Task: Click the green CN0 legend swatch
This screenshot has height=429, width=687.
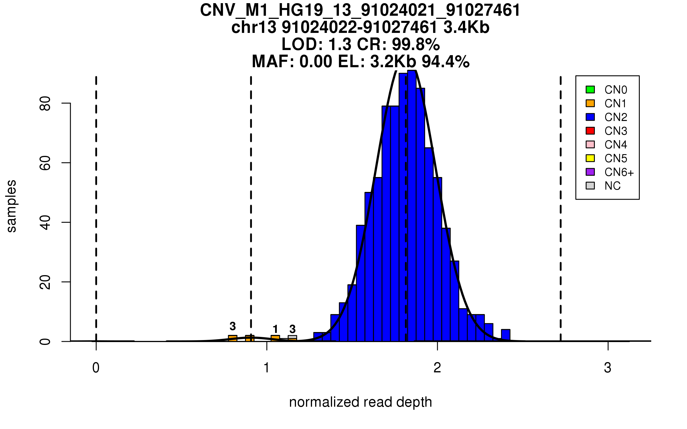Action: click(x=590, y=90)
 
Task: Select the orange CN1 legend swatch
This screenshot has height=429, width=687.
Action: click(x=590, y=103)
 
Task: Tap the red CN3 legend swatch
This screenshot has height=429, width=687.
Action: click(x=590, y=131)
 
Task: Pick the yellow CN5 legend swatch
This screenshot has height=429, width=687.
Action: click(x=590, y=158)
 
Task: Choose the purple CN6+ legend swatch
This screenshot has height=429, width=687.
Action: click(x=590, y=172)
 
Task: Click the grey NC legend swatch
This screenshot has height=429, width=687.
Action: click(x=590, y=186)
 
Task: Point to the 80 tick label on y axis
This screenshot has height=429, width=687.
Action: click(x=45, y=103)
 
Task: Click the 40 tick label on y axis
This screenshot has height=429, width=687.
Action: click(x=45, y=223)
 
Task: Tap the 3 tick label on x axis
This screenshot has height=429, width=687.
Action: click(x=607, y=368)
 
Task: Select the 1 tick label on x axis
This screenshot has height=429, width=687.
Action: click(x=266, y=368)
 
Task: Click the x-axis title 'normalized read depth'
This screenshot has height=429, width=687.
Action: click(x=360, y=402)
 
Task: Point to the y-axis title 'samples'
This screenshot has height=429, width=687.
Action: click(x=11, y=206)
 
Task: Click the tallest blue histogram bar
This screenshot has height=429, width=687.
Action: click(x=412, y=206)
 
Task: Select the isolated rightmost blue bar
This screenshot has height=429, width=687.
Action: click(x=506, y=335)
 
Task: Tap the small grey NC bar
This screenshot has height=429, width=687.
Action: click(x=292, y=337)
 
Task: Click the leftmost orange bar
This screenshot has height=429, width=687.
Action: click(x=232, y=338)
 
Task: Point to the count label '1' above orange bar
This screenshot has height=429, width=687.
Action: click(x=275, y=329)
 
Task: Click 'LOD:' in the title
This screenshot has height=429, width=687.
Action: click(x=302, y=44)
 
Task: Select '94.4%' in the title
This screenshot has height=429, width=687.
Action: click(x=445, y=61)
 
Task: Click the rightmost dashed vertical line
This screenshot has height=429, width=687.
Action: click(x=560, y=209)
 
